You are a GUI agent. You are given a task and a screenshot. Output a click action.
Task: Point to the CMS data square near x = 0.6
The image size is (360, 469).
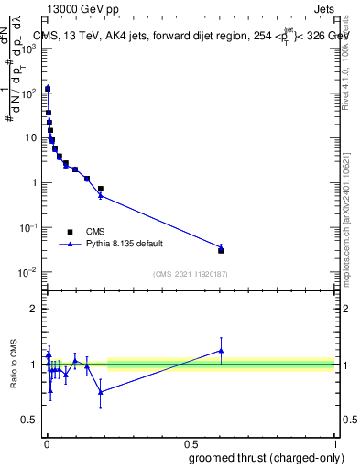(x=221, y=250)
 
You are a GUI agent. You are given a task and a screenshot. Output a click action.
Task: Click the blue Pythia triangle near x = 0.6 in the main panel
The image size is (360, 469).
(x=221, y=246)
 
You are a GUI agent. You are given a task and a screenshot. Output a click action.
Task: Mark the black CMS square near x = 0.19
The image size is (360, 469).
(x=100, y=189)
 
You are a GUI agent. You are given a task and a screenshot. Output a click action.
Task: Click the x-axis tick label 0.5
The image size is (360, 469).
(x=191, y=443)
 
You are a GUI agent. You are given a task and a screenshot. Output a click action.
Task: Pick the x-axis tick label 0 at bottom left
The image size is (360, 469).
(x=46, y=443)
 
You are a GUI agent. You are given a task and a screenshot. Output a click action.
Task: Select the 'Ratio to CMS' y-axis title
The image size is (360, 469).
(x=13, y=365)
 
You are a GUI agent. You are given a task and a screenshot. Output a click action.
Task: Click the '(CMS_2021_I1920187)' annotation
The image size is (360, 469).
(x=190, y=274)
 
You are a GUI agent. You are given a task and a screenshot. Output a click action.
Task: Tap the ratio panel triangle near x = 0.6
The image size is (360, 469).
(x=221, y=350)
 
